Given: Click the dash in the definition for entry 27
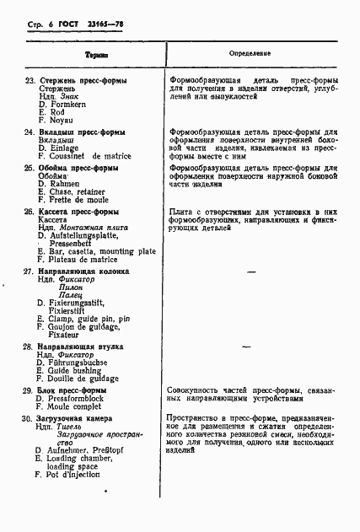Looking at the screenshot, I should coord(250,273).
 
